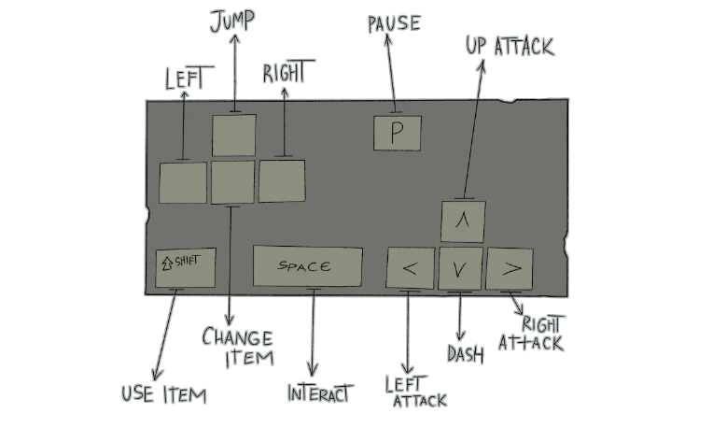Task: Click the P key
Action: click(397, 133)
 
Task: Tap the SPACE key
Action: click(307, 266)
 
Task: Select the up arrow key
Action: click(462, 221)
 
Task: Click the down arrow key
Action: click(460, 268)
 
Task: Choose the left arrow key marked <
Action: click(410, 268)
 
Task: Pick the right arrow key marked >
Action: click(510, 268)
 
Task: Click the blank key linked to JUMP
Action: click(233, 135)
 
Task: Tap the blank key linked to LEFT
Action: click(183, 182)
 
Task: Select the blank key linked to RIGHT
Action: click(282, 180)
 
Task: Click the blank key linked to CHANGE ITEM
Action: click(232, 182)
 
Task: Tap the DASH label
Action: click(465, 354)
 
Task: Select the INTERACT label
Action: click(319, 393)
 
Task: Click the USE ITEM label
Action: click(163, 394)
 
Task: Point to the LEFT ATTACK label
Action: click(414, 391)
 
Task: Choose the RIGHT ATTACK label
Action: click(533, 334)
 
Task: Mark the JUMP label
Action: click(234, 19)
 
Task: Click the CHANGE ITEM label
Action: click(238, 347)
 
